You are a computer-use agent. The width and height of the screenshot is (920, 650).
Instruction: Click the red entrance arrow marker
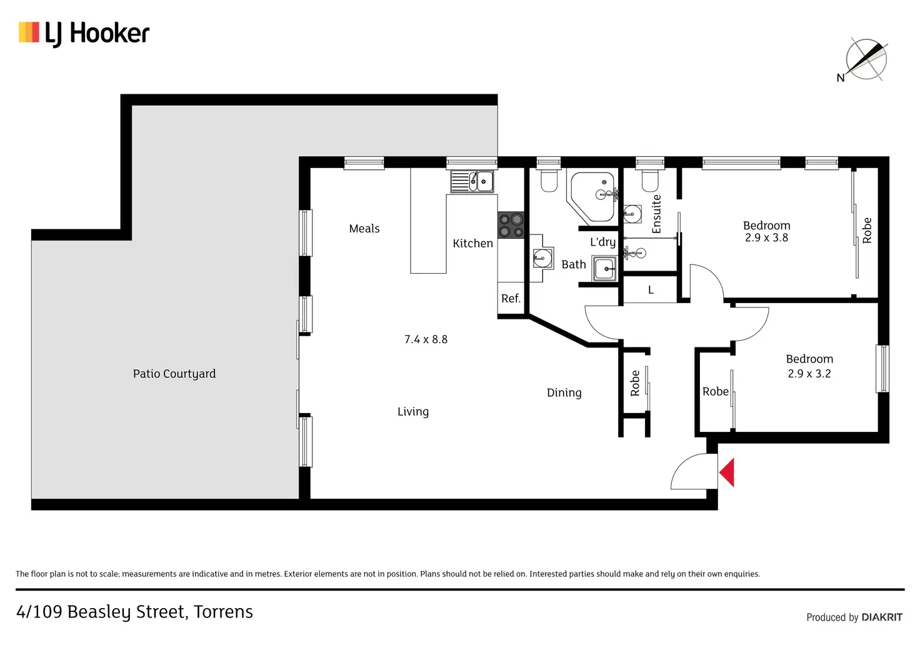[727, 472]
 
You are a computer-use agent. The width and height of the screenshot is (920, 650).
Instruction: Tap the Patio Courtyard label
[174, 374]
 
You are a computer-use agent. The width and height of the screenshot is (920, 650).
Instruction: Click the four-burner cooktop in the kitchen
[511, 226]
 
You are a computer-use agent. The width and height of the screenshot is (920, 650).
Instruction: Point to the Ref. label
[511, 299]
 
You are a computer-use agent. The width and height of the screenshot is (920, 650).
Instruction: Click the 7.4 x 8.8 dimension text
[426, 339]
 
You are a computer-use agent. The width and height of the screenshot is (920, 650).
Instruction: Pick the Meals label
[364, 229]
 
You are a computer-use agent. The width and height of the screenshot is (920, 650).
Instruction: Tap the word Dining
[564, 392]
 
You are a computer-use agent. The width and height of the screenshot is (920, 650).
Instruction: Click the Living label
[413, 412]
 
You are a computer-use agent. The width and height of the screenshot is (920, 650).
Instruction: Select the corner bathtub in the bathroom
[593, 196]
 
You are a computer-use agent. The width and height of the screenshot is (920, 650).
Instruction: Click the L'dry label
[602, 242]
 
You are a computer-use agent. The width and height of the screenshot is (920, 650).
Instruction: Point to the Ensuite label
[656, 214]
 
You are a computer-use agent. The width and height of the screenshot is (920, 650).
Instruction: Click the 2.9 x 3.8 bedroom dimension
[766, 238]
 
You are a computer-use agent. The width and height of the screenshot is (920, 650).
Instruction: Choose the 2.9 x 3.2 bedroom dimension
[809, 374]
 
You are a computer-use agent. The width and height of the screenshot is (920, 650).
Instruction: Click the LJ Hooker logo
[84, 33]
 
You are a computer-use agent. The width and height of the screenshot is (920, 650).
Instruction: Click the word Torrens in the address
[223, 612]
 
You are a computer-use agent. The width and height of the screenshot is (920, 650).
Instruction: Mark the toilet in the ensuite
[650, 181]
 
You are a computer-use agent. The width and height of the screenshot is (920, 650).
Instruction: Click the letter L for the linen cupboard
[651, 290]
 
